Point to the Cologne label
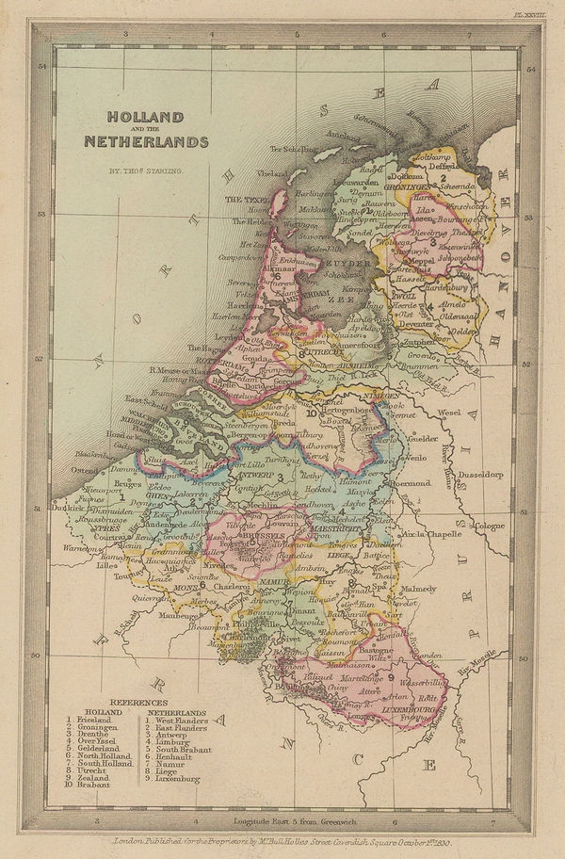click(x=490, y=526)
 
